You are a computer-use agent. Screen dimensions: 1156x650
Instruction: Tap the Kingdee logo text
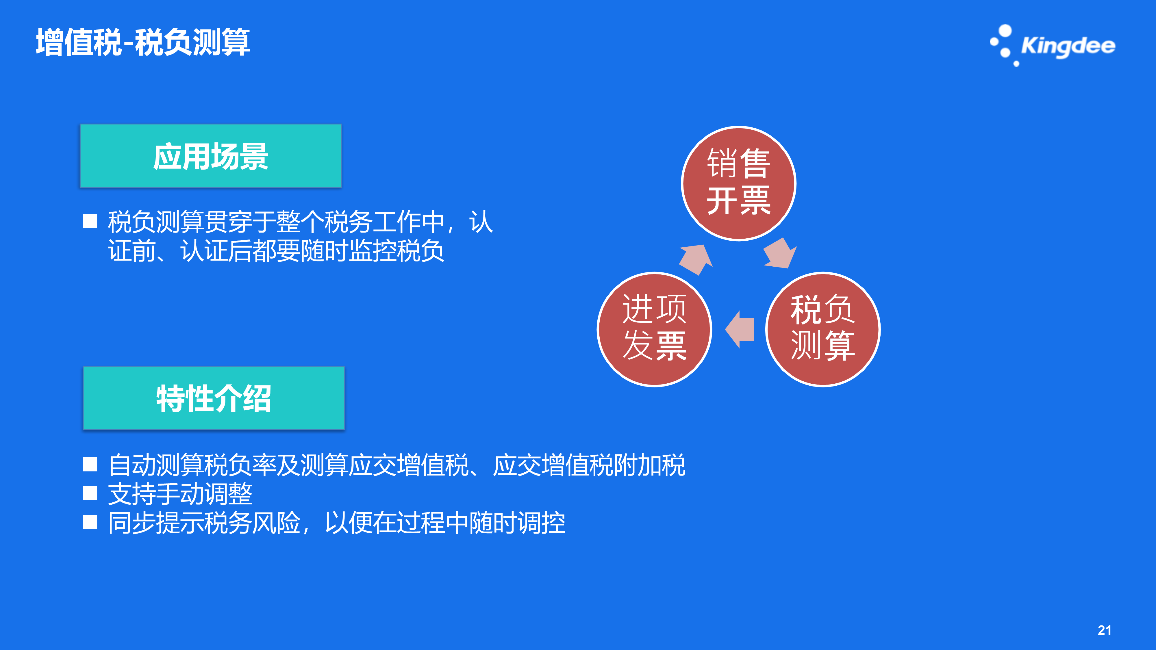click(1068, 46)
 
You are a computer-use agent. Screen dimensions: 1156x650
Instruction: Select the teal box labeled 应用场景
click(210, 156)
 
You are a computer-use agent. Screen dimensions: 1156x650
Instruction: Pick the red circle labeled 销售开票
click(739, 183)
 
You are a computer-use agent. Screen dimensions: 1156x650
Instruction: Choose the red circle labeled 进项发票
click(654, 329)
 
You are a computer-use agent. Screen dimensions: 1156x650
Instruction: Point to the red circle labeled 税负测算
click(823, 329)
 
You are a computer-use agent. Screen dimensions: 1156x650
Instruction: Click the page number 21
click(1104, 630)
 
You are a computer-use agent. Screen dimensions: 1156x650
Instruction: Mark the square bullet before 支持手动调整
click(90, 493)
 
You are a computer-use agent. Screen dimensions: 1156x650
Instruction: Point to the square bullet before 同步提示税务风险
click(90, 522)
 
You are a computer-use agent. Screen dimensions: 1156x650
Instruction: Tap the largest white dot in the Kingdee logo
click(1005, 31)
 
